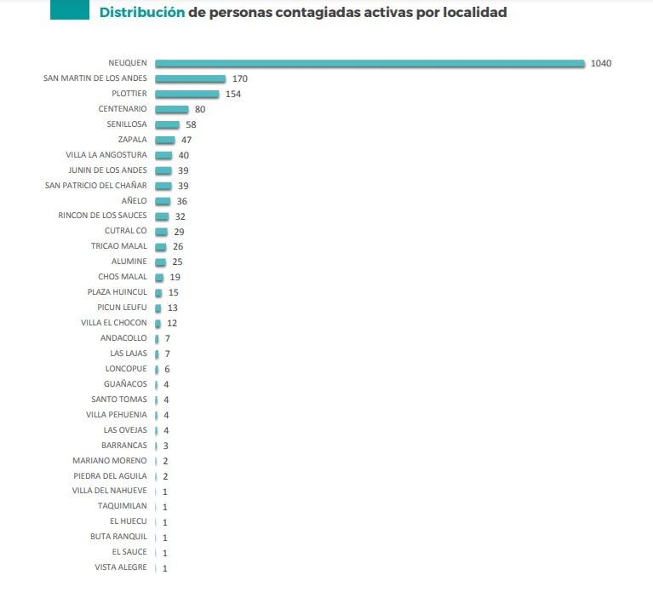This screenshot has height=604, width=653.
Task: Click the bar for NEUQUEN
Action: pyautogui.click(x=369, y=63)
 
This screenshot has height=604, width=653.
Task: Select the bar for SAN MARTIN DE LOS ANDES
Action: pyautogui.click(x=190, y=78)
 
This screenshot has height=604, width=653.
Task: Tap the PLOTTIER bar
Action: pyautogui.click(x=186, y=94)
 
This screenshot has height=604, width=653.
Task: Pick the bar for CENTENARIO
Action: pyautogui.click(x=171, y=109)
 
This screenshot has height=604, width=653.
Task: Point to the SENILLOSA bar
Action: pyautogui.click(x=167, y=124)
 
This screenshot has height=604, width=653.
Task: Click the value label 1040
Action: pyautogui.click(x=601, y=63)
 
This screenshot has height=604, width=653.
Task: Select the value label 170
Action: pyautogui.click(x=239, y=78)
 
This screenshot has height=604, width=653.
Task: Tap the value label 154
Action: pyautogui.click(x=232, y=94)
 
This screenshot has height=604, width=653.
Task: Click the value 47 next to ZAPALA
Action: pyautogui.click(x=187, y=140)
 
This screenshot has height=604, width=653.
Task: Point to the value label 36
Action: pyautogui.click(x=180, y=201)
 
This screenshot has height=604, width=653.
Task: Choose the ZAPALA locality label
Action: pyautogui.click(x=132, y=140)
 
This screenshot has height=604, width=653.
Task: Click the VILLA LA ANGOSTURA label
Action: pyautogui.click(x=106, y=155)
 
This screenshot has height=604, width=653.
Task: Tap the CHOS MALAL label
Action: pyautogui.click(x=123, y=277)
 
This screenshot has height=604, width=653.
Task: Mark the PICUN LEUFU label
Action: pyautogui.click(x=120, y=308)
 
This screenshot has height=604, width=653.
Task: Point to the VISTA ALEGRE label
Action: pyautogui.click(x=121, y=567)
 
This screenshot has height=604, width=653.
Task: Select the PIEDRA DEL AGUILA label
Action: pyautogui.click(x=110, y=475)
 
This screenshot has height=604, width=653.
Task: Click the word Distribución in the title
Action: pyautogui.click(x=141, y=13)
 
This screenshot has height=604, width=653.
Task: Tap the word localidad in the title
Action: pyautogui.click(x=472, y=13)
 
